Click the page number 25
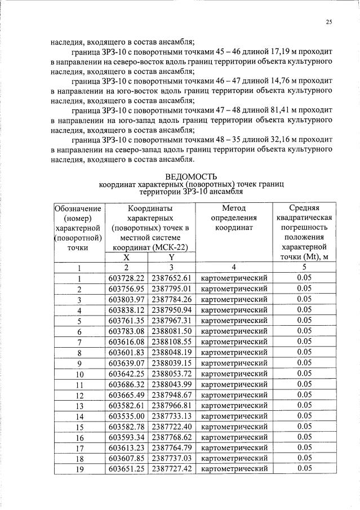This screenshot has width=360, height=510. (x=328, y=23)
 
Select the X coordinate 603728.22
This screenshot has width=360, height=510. (x=127, y=278)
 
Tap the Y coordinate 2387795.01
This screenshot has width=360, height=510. (x=172, y=289)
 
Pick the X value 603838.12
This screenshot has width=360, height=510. (x=127, y=309)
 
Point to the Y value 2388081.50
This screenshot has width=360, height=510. (x=172, y=331)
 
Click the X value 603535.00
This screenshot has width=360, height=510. (x=127, y=415)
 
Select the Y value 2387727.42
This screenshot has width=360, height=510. (x=172, y=468)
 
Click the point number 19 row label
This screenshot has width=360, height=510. (x=79, y=469)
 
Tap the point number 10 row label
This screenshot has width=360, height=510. (x=79, y=374)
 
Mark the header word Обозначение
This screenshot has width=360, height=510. (x=79, y=207)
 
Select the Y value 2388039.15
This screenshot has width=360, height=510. (x=172, y=362)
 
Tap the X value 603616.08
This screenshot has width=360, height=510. (x=127, y=342)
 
